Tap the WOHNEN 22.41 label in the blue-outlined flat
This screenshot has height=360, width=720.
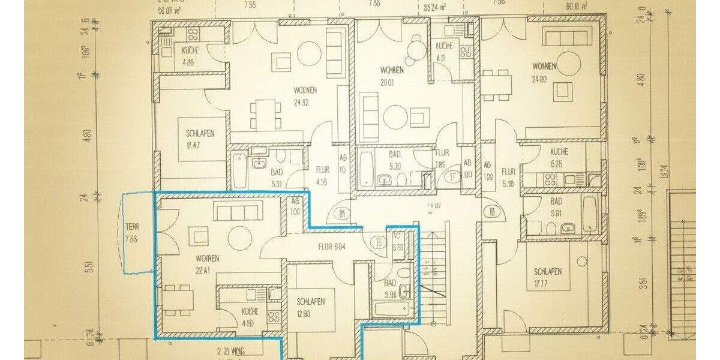coord(207,263)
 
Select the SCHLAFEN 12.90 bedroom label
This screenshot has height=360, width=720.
coord(311,307)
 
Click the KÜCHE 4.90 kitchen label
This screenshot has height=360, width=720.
coord(250,316)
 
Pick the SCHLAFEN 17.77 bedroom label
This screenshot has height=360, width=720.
coord(548,277)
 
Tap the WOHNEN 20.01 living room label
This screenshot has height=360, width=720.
coord(391,76)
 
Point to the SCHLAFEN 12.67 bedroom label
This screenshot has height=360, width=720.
coord(200,139)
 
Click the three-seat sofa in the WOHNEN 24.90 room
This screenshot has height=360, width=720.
coord(567,38)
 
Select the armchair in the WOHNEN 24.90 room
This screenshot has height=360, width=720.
coord(564,90)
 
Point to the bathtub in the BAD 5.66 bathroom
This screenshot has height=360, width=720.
coord(391,310)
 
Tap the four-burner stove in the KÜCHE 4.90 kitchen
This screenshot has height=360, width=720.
coord(274,316)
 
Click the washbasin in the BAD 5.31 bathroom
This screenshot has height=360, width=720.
coord(259,163)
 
